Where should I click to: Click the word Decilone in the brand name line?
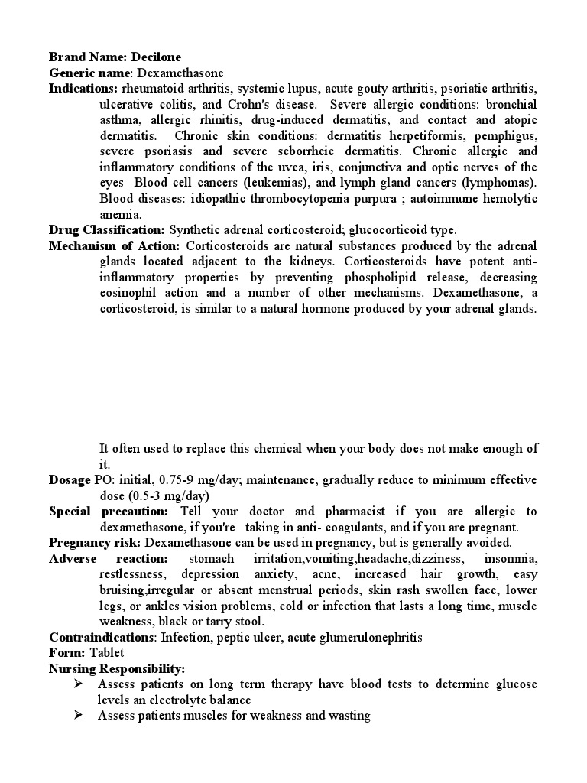(x=157, y=57)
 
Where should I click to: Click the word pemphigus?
(x=508, y=136)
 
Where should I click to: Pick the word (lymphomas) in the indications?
(x=498, y=183)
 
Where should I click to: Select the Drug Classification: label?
(x=107, y=229)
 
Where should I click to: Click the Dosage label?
(x=70, y=480)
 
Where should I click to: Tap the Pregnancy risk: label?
(x=96, y=543)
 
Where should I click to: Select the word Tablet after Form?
(x=106, y=653)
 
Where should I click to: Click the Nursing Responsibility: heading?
(x=117, y=668)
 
